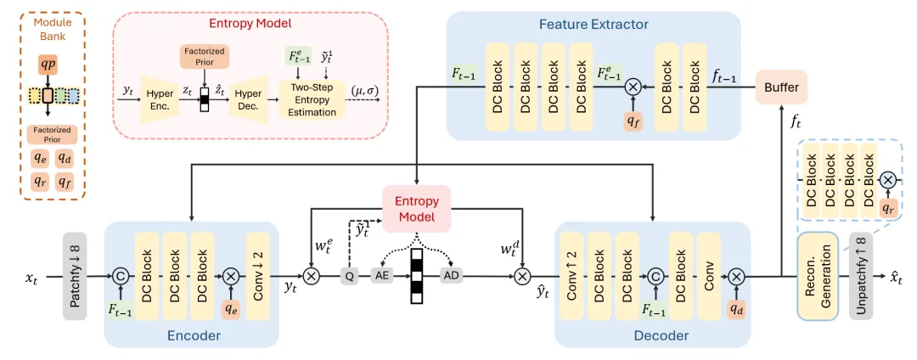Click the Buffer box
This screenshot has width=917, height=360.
pyautogui.click(x=781, y=87)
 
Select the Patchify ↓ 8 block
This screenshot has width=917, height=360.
pyautogui.click(x=75, y=277)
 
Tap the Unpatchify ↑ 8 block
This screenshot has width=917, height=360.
pyautogui.click(x=861, y=277)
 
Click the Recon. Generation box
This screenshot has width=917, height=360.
pyautogui.click(x=818, y=277)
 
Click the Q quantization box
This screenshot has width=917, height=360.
pyautogui.click(x=348, y=277)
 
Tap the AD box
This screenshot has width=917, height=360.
pyautogui.click(x=451, y=277)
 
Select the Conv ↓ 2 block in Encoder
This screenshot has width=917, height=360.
pyautogui.click(x=258, y=277)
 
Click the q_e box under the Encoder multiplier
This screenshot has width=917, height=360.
pyautogui.click(x=229, y=310)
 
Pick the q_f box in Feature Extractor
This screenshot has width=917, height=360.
pyautogui.click(x=633, y=121)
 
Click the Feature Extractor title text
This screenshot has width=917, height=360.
pyautogui.click(x=594, y=25)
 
